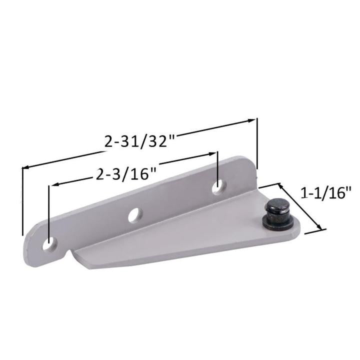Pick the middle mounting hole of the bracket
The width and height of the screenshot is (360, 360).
134,215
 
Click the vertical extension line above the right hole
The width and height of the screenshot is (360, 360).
218,167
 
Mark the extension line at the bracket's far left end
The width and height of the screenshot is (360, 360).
22,200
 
